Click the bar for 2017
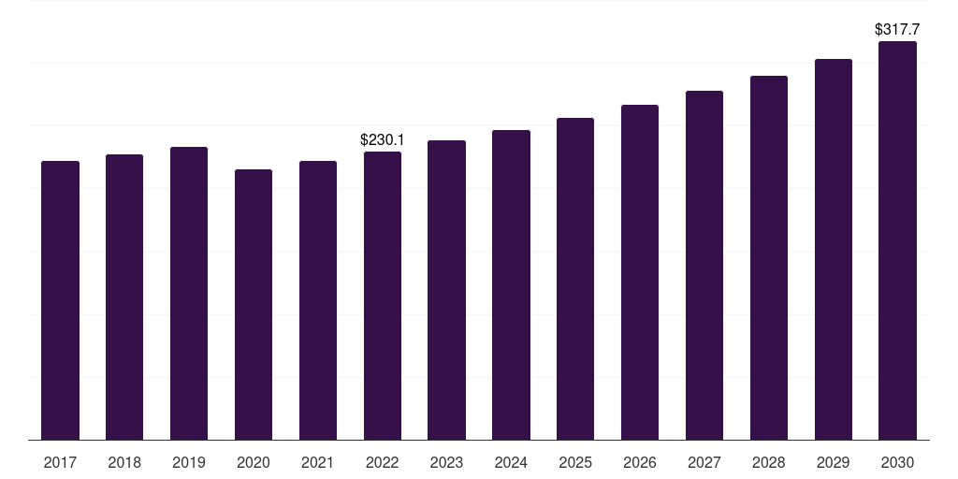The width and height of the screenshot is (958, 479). click(60, 300)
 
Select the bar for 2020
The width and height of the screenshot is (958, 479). click(254, 305)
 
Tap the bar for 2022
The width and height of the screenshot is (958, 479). click(383, 296)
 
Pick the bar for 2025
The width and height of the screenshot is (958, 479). click(575, 279)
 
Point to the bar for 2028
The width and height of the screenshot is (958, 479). click(769, 258)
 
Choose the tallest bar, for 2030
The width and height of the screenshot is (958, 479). click(897, 240)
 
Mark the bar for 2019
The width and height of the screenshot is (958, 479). click(189, 294)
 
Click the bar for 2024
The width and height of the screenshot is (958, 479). click(512, 285)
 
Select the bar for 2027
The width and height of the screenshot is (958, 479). click(704, 266)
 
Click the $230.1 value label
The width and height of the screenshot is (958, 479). click(383, 140)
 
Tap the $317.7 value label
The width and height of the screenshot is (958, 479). click(897, 29)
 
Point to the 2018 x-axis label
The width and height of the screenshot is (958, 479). click(124, 463)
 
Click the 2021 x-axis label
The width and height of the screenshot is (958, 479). click(318, 463)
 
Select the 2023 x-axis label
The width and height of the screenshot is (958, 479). click(446, 463)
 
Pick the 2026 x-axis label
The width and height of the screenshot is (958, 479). click(640, 463)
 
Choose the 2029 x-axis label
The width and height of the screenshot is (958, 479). click(834, 463)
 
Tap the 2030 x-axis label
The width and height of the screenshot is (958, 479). click(897, 463)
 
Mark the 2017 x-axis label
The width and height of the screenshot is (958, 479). click(60, 463)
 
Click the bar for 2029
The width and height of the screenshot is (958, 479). click(834, 250)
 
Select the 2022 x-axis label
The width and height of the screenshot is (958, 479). click(383, 463)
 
